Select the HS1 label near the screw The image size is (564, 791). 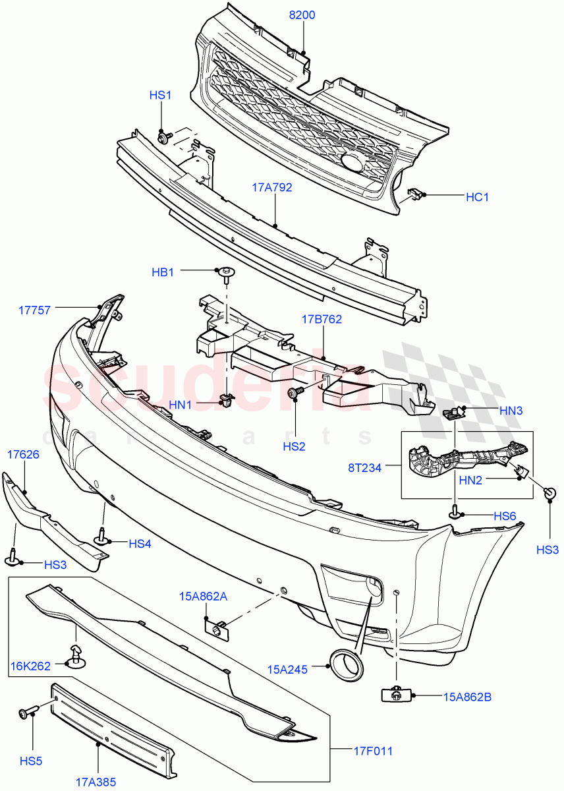point(160,96)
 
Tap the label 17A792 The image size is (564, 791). point(271,187)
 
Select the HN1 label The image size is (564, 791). point(179,405)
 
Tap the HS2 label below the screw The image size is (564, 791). point(295,446)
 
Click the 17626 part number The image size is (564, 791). point(23,454)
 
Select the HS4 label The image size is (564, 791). point(140,544)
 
